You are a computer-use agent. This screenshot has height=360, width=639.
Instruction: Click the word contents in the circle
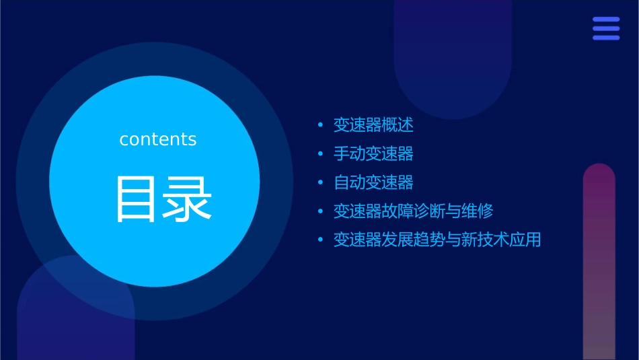158,139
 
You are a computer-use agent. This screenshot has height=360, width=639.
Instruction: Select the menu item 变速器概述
373,125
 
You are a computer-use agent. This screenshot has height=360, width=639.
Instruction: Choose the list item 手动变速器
373,153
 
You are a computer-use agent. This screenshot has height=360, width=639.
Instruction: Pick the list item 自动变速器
373,182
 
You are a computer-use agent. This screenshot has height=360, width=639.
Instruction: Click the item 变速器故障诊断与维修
413,211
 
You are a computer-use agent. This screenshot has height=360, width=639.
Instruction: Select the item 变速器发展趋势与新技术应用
437,240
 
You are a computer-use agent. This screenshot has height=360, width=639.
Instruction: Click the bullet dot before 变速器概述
320,126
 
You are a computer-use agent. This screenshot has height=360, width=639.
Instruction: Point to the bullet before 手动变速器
320,154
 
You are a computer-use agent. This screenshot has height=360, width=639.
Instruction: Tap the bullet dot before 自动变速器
320,183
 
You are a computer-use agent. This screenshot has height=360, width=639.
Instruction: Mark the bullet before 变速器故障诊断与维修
320,212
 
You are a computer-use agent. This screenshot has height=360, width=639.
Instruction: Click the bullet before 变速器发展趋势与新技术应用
320,240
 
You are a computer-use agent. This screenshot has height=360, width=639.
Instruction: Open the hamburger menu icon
606,28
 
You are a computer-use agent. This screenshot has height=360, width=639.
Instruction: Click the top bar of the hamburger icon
606,20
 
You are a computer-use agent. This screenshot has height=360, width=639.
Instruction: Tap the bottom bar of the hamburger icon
606,38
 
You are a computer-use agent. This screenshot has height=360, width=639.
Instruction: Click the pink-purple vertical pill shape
599,262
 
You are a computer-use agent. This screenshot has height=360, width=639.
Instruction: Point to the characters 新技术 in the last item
485,240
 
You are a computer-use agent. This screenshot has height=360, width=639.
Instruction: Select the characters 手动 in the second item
349,153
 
